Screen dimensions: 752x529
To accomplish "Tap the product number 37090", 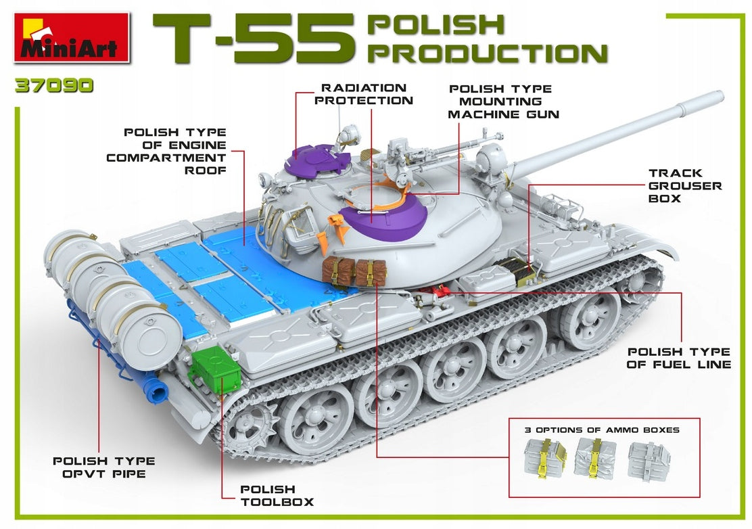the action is click(x=54, y=86).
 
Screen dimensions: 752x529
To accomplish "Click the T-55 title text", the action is click(x=254, y=39).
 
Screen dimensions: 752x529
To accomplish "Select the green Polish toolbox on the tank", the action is click(x=215, y=370).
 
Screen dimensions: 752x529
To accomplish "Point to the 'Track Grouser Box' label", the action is click(x=685, y=185).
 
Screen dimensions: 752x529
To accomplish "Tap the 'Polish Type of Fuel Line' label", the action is click(x=678, y=359).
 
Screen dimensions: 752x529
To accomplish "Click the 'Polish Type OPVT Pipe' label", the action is click(x=104, y=467).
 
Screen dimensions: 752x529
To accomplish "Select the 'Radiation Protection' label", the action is click(x=364, y=94).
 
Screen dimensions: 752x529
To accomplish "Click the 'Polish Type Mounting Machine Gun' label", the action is click(x=503, y=101).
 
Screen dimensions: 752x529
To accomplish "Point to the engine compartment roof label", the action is click(x=166, y=151).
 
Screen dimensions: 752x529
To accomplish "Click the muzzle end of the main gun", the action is click(x=718, y=97).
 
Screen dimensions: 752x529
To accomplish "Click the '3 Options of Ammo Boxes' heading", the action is click(x=602, y=430).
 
